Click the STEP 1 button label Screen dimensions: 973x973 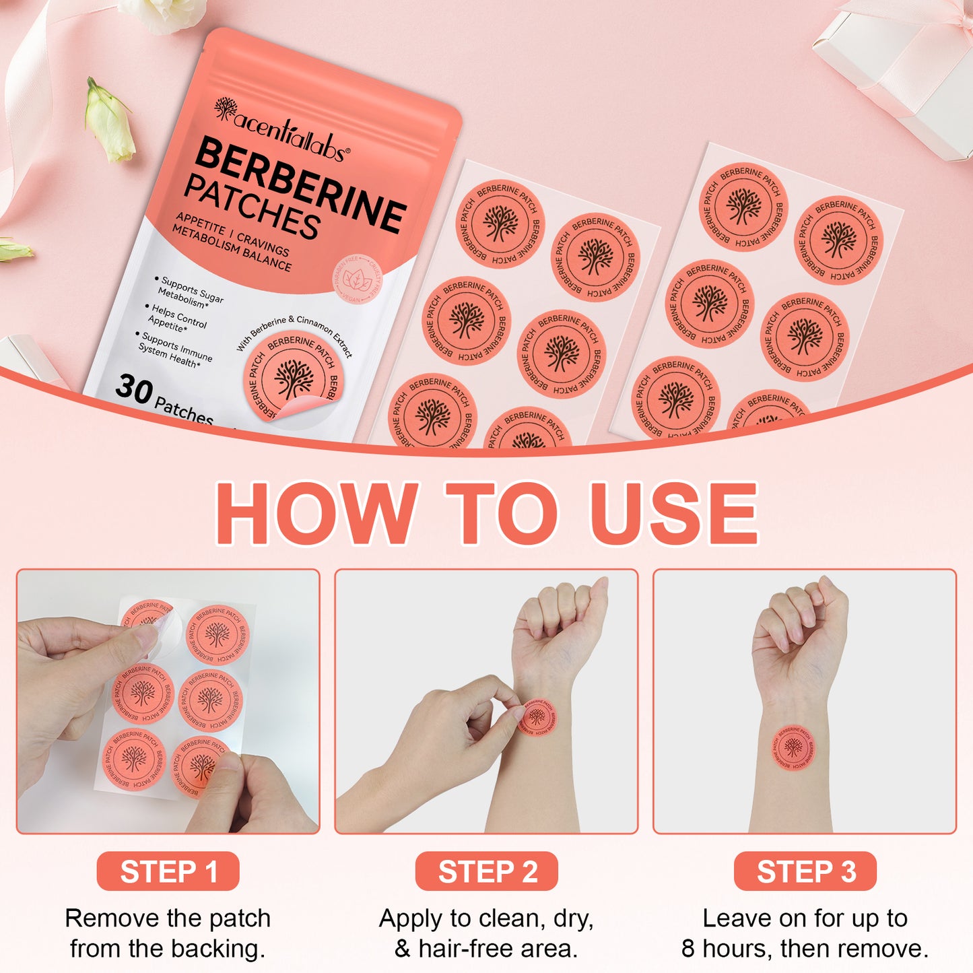point(168,871)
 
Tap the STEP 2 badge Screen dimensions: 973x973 point(487,871)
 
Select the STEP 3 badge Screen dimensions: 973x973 point(805,871)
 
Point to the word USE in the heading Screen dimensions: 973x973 point(673,513)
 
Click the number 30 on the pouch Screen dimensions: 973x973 point(133,389)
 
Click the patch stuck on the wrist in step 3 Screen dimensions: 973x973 point(793,746)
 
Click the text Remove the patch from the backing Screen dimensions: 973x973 point(168,933)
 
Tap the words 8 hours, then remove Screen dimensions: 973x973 point(805,948)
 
